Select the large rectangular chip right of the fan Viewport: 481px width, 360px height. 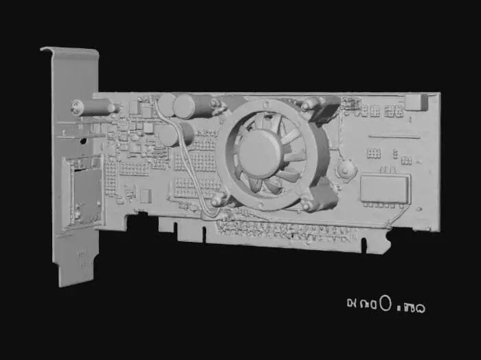pos(385,188)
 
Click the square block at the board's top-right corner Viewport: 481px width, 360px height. pos(415,102)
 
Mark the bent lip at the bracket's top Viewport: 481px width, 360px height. pos(69,50)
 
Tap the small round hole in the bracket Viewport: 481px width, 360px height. pos(83,140)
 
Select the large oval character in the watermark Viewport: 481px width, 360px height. pos(385,302)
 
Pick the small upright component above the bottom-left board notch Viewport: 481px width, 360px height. pos(146,195)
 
